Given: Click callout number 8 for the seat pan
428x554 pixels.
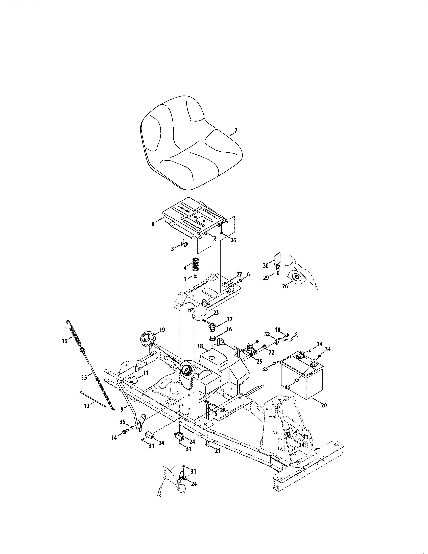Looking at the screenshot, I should tap(153, 224).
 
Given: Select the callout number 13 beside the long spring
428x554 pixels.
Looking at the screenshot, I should tap(64, 341).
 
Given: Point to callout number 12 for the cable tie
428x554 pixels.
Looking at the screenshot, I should tap(87, 406).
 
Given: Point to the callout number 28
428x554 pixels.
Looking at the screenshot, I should tap(223, 410).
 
